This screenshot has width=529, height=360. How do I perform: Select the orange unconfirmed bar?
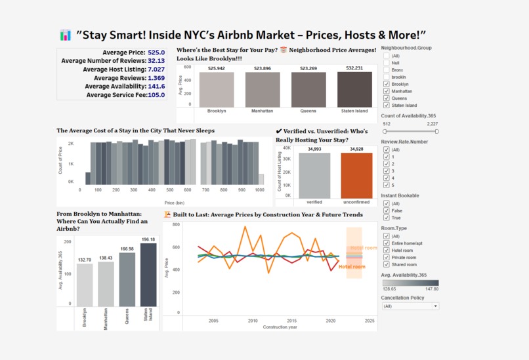(x=356, y=176)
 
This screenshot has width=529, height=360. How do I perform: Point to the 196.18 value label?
(x=148, y=239)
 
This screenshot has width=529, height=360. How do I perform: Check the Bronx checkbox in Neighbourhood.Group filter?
(x=387, y=70)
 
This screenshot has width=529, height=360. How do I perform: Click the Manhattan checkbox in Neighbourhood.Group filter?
(x=387, y=91)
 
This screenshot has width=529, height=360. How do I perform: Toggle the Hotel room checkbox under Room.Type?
(x=387, y=250)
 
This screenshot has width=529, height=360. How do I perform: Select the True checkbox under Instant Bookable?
(x=387, y=218)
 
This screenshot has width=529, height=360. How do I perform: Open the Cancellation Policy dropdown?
(x=410, y=306)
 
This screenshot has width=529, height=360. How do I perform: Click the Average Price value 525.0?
(x=156, y=52)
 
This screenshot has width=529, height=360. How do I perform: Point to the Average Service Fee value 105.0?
(x=156, y=95)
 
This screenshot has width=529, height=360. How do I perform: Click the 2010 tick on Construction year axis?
(x=253, y=321)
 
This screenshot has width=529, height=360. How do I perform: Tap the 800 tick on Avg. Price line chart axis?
(x=176, y=224)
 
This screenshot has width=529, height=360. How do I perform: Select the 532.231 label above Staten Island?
(x=354, y=68)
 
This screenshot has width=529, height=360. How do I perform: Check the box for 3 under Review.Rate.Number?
(x=387, y=171)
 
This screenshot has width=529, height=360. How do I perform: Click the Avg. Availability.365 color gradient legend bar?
(x=410, y=283)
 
